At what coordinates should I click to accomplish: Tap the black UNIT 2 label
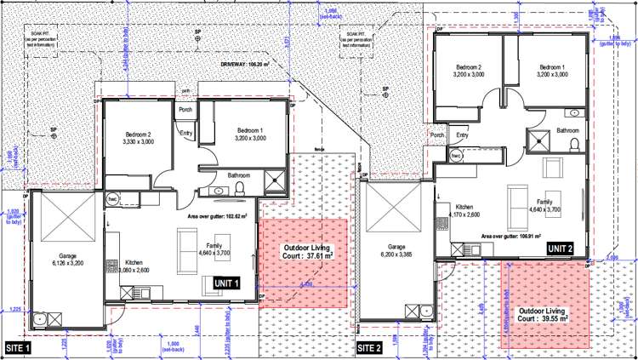click(x=560, y=248)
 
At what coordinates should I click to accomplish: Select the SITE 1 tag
click(x=18, y=348)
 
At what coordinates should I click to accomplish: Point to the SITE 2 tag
click(x=369, y=348)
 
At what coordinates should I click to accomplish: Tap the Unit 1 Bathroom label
click(x=239, y=175)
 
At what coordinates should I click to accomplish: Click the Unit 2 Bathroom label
click(x=569, y=130)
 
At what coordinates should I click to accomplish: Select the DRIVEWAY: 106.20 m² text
click(x=245, y=63)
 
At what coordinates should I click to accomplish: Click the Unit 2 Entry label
click(x=462, y=135)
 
